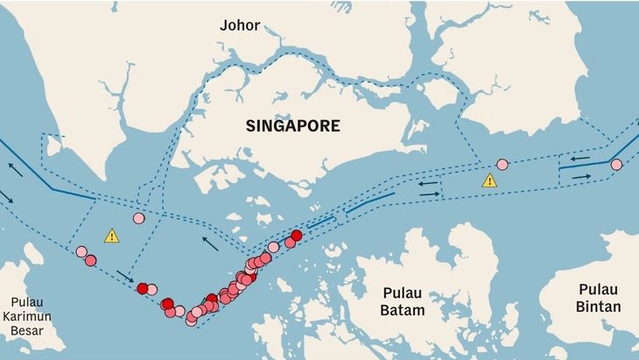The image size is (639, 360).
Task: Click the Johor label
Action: tap(240, 25)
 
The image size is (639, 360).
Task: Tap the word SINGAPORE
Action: tap(292, 126)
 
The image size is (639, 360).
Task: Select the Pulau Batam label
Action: tap(404, 301)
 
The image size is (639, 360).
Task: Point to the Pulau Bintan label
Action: tap(600, 298)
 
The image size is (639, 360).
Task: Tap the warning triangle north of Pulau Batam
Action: tap(489, 180)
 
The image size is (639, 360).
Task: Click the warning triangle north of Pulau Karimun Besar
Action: tap(111, 236)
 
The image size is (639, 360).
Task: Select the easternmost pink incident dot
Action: tap(616, 165)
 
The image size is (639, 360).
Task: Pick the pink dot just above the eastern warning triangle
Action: tap(502, 164)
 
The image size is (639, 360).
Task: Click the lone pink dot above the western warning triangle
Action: tap(138, 218)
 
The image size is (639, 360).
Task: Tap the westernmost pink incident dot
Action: tap(81, 252)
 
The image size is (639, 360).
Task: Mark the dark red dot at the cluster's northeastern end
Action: tap(297, 235)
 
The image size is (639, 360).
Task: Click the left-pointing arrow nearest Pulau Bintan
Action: tap(579, 159)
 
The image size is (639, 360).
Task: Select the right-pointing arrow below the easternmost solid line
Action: tap(581, 177)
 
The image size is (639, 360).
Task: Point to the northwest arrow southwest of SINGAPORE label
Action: tap(210, 243)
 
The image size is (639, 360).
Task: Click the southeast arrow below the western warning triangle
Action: tap(125, 276)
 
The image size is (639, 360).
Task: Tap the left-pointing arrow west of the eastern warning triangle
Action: tap(429, 183)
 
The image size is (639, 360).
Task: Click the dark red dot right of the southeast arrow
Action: tap(143, 288)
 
